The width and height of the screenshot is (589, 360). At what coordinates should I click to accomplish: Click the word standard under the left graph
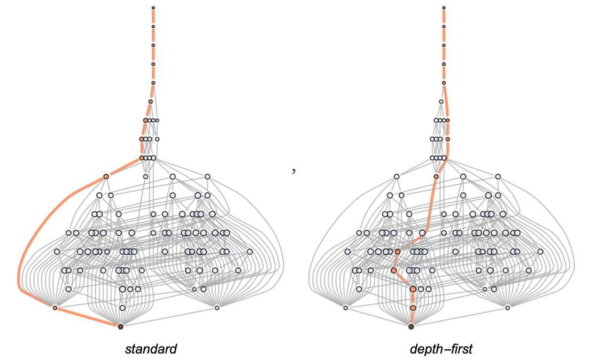(151, 350)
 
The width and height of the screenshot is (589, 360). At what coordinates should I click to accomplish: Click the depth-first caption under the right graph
(441, 350)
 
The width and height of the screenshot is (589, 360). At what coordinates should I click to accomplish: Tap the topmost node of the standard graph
(153, 7)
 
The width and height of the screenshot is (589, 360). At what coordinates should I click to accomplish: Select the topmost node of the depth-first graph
(444, 7)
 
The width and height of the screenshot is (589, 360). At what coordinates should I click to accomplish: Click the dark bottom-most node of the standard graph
(121, 326)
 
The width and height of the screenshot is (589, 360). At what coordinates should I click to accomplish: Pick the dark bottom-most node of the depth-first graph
(411, 326)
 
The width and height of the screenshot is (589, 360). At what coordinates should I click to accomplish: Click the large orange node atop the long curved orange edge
(106, 176)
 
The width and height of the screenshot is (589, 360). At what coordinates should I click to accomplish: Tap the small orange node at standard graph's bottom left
(55, 308)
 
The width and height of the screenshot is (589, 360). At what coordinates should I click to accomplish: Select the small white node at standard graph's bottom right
(217, 308)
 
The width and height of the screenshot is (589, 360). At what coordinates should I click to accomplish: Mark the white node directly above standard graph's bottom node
(122, 308)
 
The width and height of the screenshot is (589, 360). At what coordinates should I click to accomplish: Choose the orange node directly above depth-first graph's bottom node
(413, 308)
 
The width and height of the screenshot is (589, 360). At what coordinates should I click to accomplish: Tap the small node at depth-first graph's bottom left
(345, 308)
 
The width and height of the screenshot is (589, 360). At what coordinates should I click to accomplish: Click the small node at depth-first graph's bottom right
(507, 308)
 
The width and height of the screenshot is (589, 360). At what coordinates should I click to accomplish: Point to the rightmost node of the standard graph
(250, 252)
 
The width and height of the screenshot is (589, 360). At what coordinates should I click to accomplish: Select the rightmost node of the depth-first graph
(540, 252)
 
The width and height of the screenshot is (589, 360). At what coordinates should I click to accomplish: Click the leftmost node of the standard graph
(57, 252)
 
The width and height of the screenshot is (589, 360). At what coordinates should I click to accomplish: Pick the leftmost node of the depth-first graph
(347, 252)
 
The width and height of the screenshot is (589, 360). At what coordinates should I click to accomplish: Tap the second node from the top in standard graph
(153, 26)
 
